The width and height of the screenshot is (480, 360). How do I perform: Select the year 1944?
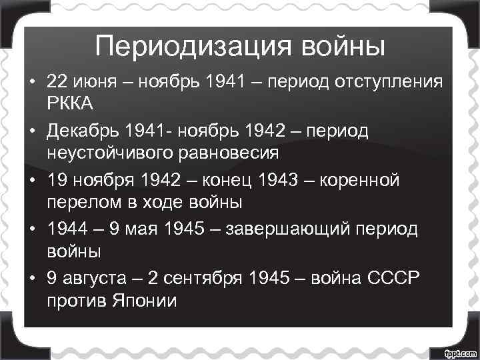tap(66, 229)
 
